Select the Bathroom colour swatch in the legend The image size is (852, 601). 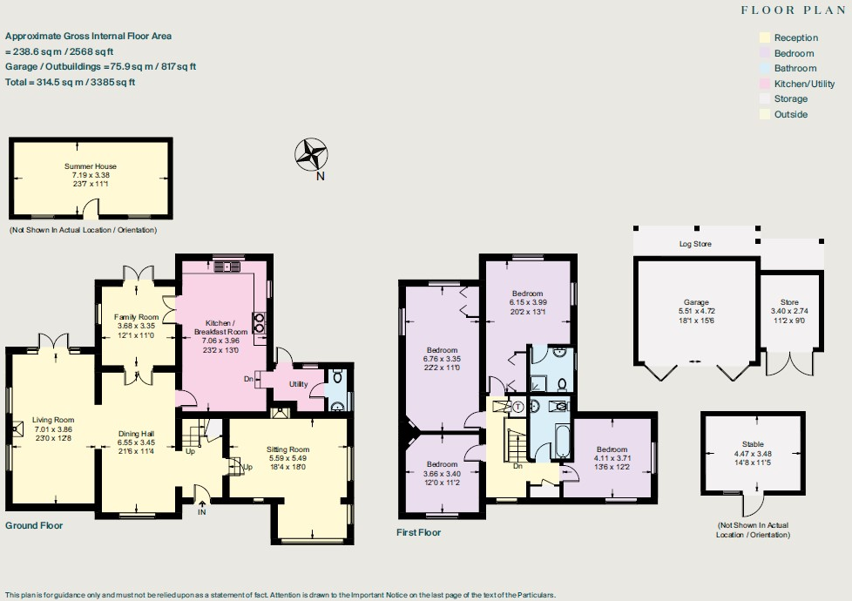tap(766, 68)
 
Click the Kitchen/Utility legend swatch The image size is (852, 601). tap(766, 84)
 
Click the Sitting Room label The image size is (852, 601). tap(288, 449)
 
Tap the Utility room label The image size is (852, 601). tap(300, 383)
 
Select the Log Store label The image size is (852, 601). tap(695, 244)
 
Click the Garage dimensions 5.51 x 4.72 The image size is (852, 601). tap(696, 311)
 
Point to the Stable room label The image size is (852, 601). tap(754, 444)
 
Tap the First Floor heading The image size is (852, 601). tap(418, 532)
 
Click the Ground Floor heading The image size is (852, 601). tap(34, 526)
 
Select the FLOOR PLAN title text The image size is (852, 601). tap(793, 10)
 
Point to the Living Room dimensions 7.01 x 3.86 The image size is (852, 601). tap(53, 429)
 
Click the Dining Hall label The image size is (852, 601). tap(136, 433)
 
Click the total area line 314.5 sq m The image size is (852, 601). tap(71, 82)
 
